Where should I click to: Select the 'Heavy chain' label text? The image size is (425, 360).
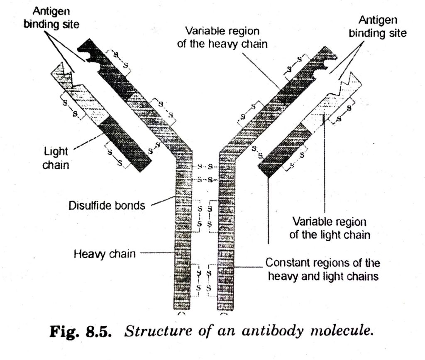click(104, 253)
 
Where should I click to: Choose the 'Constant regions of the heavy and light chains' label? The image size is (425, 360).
click(323, 269)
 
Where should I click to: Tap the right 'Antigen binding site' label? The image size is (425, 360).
click(377, 27)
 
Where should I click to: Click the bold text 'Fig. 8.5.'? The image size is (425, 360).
click(74, 332)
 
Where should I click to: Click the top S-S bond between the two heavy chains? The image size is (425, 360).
click(206, 167)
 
